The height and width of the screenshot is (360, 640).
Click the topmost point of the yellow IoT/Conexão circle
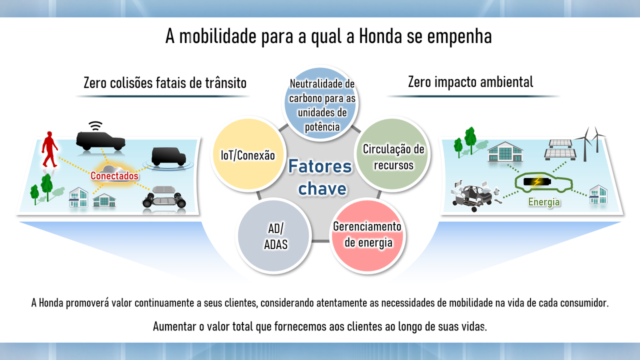(x=248, y=118)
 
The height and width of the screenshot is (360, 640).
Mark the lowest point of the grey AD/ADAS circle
(x=273, y=271)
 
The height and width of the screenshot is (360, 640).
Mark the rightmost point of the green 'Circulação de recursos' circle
(x=428, y=154)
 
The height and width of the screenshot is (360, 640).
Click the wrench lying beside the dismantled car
(x=497, y=201)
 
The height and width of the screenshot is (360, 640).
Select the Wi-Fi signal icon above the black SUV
(x=95, y=125)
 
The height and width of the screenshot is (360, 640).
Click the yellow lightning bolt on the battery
(x=537, y=181)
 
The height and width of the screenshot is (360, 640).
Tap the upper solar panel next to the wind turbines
(x=560, y=143)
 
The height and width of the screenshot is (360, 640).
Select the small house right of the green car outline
(x=598, y=194)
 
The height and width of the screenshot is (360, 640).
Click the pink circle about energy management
(x=367, y=235)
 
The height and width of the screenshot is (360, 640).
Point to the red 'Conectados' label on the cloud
(x=114, y=175)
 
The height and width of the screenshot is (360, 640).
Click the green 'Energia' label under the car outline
(x=544, y=202)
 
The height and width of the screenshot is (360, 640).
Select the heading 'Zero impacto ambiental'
(x=470, y=82)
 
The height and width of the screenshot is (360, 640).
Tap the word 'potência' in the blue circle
(x=322, y=126)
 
